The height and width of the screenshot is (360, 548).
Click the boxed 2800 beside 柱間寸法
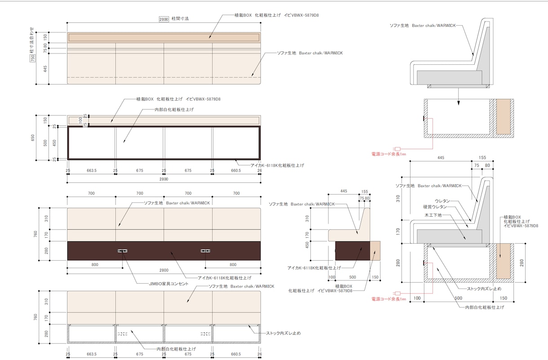coord(164,19)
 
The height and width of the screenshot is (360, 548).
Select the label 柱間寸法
coord(180,18)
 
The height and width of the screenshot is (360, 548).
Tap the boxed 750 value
coord(32,58)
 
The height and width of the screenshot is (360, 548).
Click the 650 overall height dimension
coord(33,138)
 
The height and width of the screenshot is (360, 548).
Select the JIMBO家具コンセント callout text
coord(168,284)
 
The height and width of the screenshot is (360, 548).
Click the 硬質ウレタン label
coord(435,207)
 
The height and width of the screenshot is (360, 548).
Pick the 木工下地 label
coord(433,215)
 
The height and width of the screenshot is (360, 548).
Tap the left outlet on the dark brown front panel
coord(122,251)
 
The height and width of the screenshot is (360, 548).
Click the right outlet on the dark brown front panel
coord(205,251)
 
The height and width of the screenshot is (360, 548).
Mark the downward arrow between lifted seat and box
coord(459,97)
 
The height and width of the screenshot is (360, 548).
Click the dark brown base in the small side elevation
coord(353,251)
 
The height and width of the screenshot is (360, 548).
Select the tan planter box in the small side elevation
coord(375,251)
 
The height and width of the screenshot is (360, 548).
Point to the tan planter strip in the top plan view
coord(164,37)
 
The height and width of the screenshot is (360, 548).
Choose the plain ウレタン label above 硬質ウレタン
coord(442,201)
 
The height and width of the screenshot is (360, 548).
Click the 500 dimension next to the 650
coord(45,143)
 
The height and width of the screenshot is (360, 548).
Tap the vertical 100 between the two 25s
coord(80,120)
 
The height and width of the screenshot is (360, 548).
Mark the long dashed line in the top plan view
coord(164,77)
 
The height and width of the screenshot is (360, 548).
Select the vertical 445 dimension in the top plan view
coord(45,69)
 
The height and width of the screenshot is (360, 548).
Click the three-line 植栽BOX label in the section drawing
coord(521,222)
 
